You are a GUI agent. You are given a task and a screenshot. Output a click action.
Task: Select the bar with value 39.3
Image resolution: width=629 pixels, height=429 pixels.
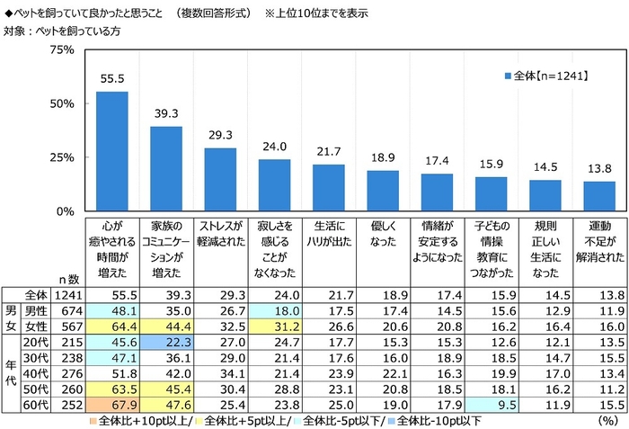(x=166, y=168)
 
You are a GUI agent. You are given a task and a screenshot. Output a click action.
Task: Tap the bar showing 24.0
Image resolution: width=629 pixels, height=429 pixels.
(x=275, y=185)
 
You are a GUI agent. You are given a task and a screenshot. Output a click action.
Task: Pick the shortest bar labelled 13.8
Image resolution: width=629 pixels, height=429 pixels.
(x=599, y=196)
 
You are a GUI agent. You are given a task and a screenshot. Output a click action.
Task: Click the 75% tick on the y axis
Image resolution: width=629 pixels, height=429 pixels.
(x=60, y=49)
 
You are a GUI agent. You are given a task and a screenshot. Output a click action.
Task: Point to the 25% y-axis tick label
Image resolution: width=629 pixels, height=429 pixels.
(x=60, y=157)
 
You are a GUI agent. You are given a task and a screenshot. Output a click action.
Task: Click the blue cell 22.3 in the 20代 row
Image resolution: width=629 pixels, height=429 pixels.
(x=166, y=343)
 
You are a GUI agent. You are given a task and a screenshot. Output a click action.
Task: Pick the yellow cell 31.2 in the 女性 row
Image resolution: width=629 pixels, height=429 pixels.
(x=275, y=326)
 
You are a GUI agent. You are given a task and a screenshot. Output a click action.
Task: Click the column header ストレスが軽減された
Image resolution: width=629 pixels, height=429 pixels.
(x=221, y=230)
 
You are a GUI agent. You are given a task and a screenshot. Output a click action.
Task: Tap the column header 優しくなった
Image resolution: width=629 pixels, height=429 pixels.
(x=383, y=230)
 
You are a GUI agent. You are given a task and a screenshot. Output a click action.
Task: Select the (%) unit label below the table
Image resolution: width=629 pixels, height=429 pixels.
(x=608, y=420)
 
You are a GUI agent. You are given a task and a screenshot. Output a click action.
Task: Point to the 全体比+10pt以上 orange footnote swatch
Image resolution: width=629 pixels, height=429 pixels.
(x=93, y=420)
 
